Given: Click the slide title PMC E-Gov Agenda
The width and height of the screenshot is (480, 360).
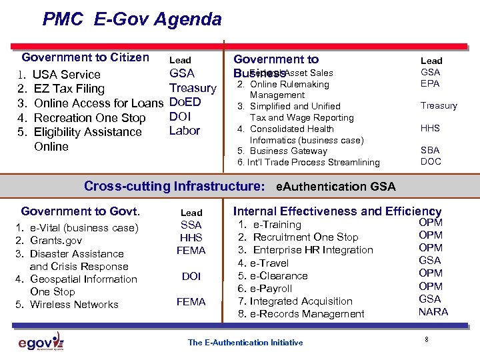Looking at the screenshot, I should pyautogui.click(x=132, y=19).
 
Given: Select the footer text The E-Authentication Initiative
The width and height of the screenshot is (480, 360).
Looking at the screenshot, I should pyautogui.click(x=245, y=343).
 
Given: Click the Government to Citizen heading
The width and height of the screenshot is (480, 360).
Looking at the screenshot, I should pyautogui.click(x=85, y=57).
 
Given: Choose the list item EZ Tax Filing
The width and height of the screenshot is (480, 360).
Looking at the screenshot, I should pyautogui.click(x=69, y=89).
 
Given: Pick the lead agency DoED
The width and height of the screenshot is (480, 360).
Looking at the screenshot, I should pyautogui.click(x=185, y=103).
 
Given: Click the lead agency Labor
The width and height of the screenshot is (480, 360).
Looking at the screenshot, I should pyautogui.click(x=184, y=131).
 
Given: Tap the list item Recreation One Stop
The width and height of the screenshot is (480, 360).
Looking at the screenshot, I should pyautogui.click(x=89, y=118).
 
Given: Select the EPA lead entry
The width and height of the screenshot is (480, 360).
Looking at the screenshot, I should pyautogui.click(x=431, y=84).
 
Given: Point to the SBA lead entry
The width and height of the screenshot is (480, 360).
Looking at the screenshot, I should pyautogui.click(x=431, y=151).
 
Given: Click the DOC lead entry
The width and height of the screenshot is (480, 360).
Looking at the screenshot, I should pyautogui.click(x=431, y=162).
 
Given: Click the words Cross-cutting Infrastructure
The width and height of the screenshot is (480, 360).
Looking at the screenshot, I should pyautogui.click(x=173, y=187).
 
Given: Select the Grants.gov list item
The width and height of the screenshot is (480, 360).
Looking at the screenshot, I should pyautogui.click(x=56, y=241).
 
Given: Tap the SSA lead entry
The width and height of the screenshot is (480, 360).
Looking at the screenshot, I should pyautogui.click(x=191, y=225).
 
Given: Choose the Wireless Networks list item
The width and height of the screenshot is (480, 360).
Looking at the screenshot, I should pyautogui.click(x=74, y=305).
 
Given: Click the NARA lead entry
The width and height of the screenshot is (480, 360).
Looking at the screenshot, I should pyautogui.click(x=433, y=312).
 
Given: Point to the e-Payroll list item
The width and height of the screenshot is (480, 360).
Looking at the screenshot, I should pyautogui.click(x=270, y=289).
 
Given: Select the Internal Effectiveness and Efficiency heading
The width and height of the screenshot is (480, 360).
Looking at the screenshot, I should pyautogui.click(x=337, y=211).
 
